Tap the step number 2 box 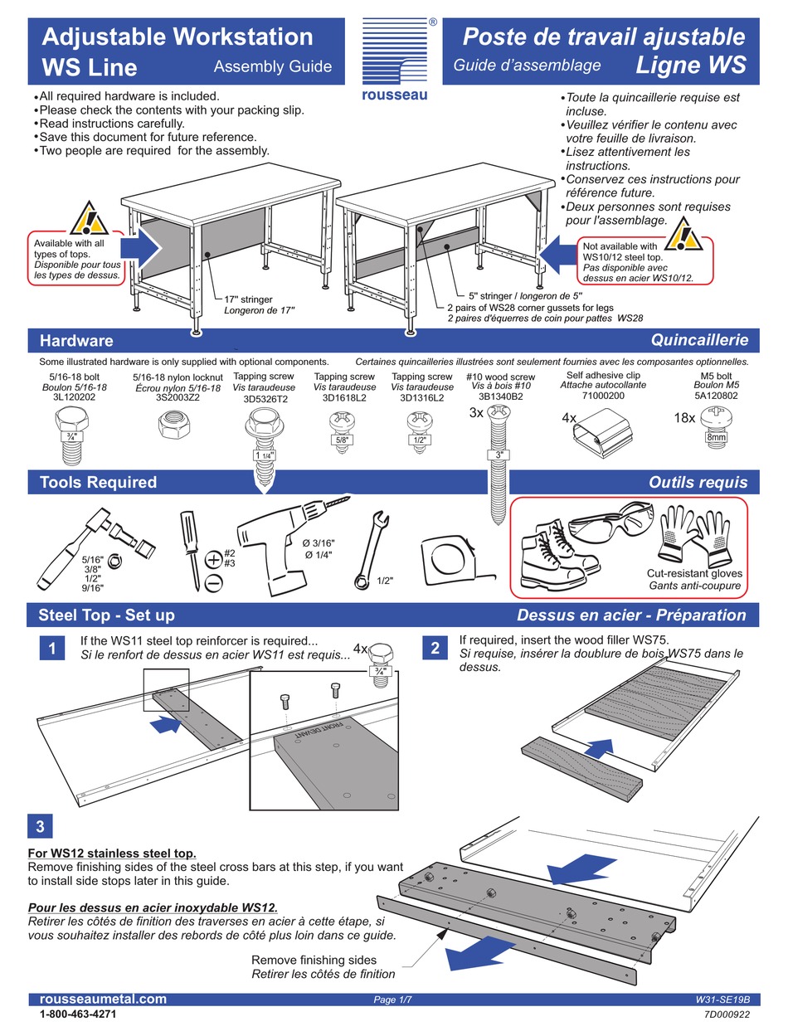click(434, 649)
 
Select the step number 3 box click(41, 826)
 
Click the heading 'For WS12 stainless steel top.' click(112, 853)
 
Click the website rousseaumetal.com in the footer click(103, 1000)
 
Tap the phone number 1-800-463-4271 click(78, 1014)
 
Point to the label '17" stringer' click(248, 299)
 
